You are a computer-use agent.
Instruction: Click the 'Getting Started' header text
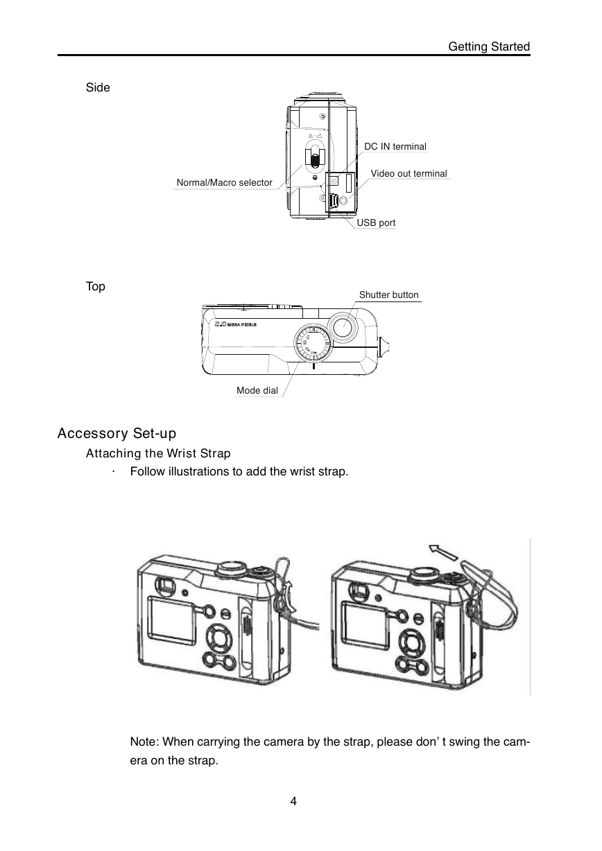pyautogui.click(x=489, y=46)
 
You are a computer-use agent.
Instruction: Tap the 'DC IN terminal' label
pyautogui.click(x=395, y=146)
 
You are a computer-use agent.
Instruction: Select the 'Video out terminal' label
pyautogui.click(x=409, y=173)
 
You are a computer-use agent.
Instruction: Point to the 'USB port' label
pyautogui.click(x=376, y=222)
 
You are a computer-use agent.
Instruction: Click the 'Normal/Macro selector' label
pyautogui.click(x=225, y=182)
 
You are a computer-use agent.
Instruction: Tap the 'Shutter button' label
pyautogui.click(x=388, y=295)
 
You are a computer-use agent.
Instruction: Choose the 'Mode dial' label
pyautogui.click(x=257, y=390)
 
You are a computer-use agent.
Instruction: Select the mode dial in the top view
pyautogui.click(x=313, y=343)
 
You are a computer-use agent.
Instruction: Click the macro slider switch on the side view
pyautogui.click(x=315, y=157)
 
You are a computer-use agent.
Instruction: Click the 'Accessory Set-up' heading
pyautogui.click(x=117, y=433)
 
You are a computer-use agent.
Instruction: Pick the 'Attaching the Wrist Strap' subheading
pyautogui.click(x=158, y=453)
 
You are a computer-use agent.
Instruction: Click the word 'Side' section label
pyautogui.click(x=98, y=87)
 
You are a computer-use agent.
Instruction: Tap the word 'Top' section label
pyautogui.click(x=96, y=286)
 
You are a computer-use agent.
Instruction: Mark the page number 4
pyautogui.click(x=293, y=801)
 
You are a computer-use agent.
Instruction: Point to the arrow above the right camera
pyautogui.click(x=442, y=552)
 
